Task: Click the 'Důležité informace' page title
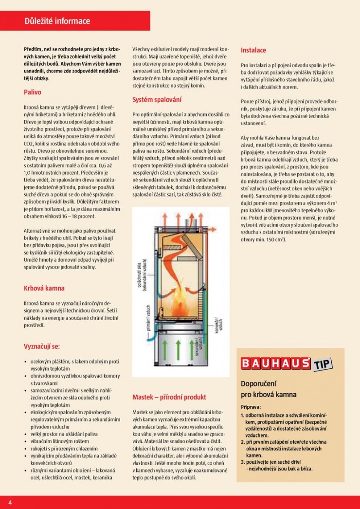[57, 21]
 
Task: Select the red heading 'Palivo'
[33, 91]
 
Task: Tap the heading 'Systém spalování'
[157, 100]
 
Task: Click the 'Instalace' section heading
[253, 50]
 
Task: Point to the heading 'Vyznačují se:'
[42, 346]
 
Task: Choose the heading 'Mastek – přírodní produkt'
[169, 397]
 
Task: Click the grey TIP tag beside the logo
[322, 364]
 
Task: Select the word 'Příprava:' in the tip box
[251, 406]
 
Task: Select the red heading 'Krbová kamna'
[44, 288]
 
